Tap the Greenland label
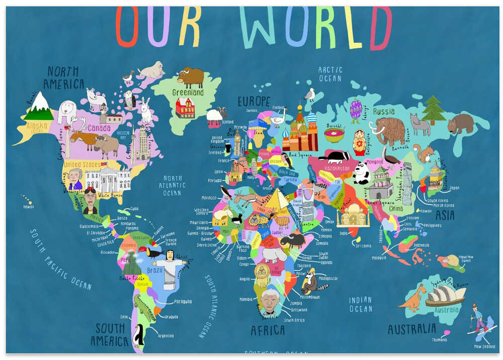point(188,93)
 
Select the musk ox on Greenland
point(191,78)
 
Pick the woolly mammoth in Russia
point(388,130)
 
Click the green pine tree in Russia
point(433,110)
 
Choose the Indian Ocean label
point(361,304)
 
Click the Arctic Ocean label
point(330,74)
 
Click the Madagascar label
point(328,278)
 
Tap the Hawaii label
point(28,206)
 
